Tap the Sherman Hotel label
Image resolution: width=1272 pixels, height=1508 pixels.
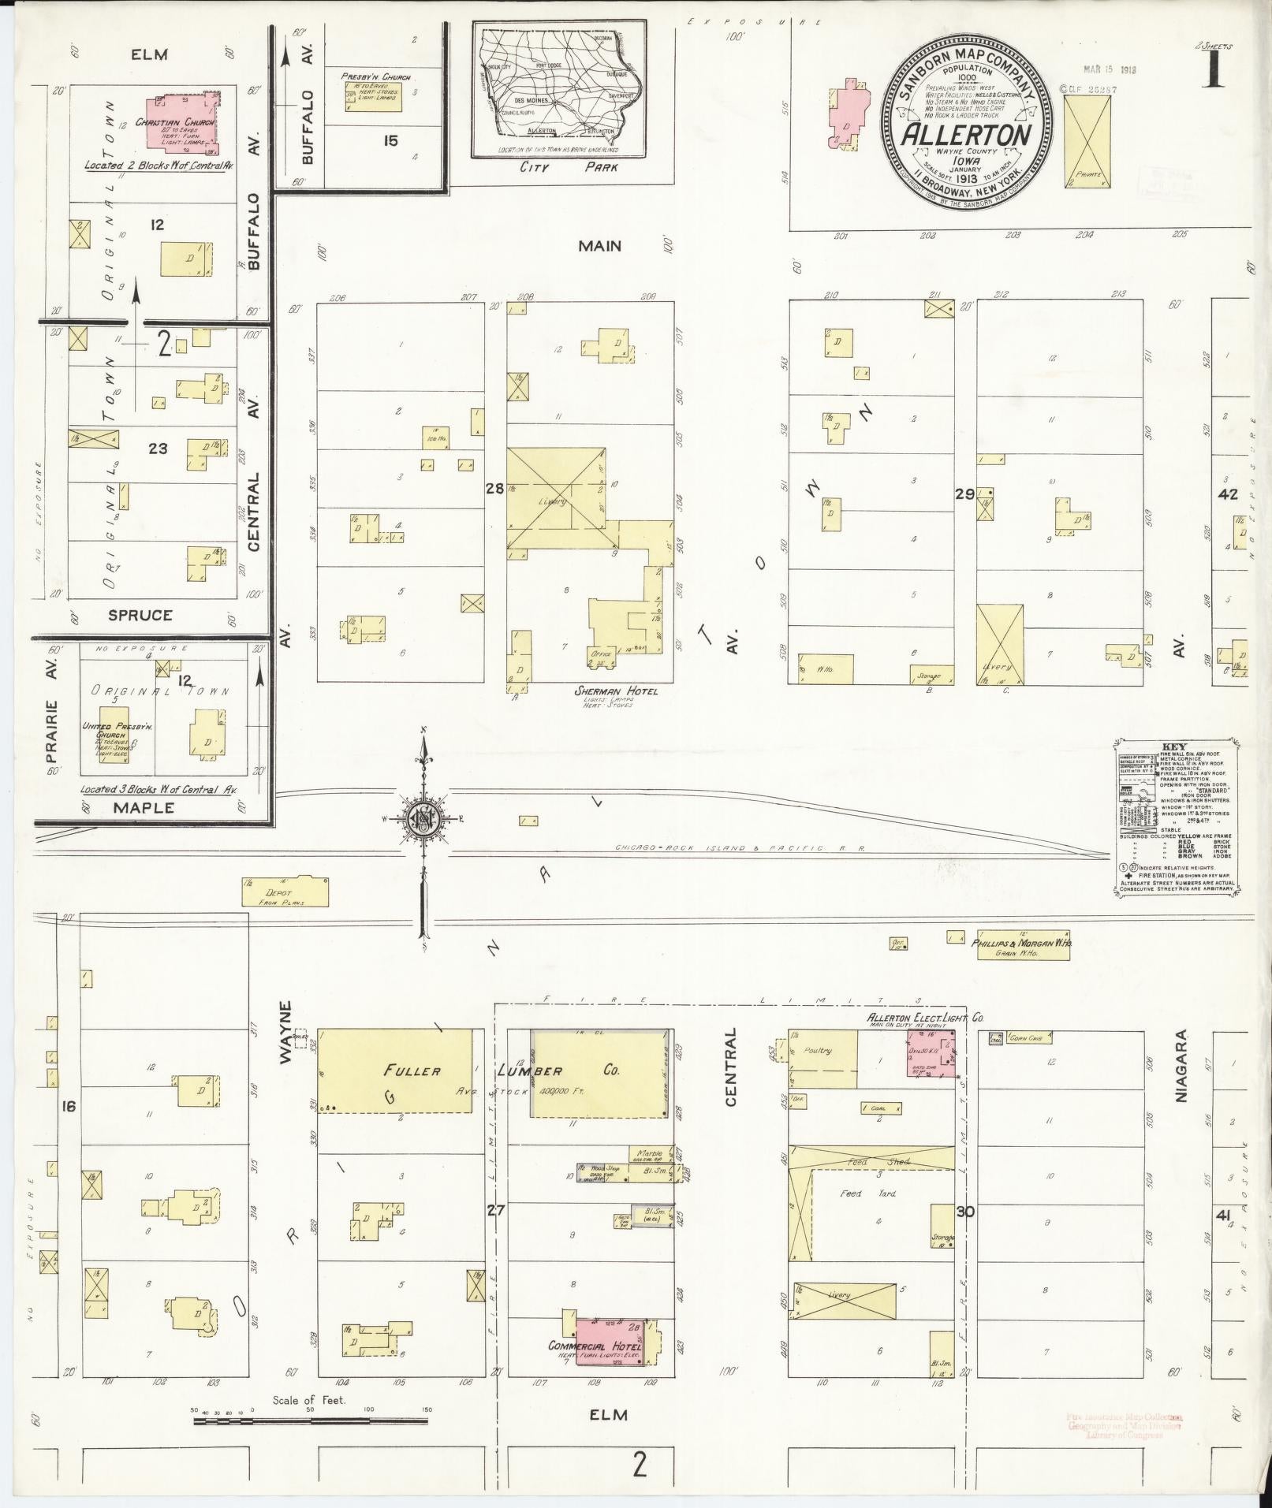pos(615,691)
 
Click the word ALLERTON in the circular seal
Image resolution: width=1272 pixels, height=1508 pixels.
pos(968,135)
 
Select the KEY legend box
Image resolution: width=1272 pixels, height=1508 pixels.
pos(1178,816)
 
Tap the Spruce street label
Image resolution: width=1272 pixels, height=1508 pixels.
pos(140,615)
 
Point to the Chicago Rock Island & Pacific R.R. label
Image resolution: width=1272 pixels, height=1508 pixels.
pos(740,848)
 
